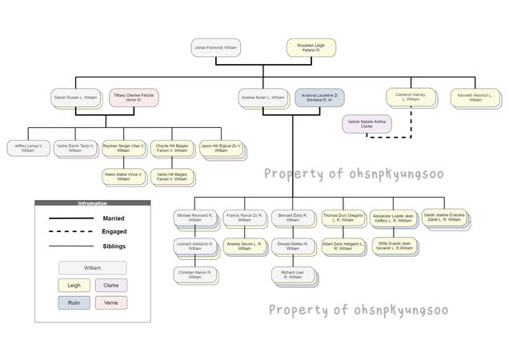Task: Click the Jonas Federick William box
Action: (x=215, y=48)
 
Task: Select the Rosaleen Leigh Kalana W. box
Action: (x=311, y=48)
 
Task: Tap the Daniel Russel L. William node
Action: (x=75, y=98)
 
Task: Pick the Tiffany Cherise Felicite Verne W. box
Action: (x=132, y=98)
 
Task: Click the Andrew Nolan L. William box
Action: (x=263, y=98)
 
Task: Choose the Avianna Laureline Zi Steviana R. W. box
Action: (x=319, y=98)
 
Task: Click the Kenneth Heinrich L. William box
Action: (x=475, y=98)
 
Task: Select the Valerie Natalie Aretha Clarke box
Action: (x=367, y=124)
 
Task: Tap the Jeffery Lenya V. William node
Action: (x=28, y=148)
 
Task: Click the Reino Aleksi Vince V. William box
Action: (x=123, y=177)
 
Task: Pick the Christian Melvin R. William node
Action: (x=194, y=274)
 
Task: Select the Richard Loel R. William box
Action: (x=292, y=275)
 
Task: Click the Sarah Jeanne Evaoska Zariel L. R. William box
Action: (x=443, y=218)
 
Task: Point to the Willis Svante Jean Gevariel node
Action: (x=395, y=246)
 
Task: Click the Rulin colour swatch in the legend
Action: (x=74, y=302)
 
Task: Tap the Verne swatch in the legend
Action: (x=110, y=302)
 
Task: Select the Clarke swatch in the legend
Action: (x=110, y=285)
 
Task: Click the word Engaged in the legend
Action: (x=114, y=231)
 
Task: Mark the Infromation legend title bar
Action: (x=92, y=203)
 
